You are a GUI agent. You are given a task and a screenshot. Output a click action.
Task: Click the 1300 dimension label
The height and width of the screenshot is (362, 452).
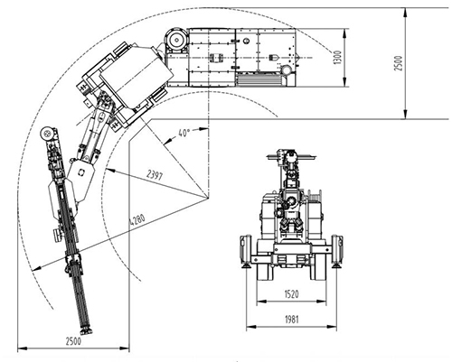coord(338,57)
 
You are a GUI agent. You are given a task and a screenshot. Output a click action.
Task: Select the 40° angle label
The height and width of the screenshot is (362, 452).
coord(184,133)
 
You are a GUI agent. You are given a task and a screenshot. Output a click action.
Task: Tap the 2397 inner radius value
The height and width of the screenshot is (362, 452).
coord(155,175)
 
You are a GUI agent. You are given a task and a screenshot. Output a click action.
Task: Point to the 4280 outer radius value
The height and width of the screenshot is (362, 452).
coord(137,219)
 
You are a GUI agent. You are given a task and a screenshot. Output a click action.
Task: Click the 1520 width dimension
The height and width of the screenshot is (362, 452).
coord(291,293)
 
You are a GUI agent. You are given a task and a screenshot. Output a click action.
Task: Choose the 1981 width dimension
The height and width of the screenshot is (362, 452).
coord(291,320)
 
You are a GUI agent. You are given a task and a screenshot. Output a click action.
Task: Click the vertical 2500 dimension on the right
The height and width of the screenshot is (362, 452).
coord(398,63)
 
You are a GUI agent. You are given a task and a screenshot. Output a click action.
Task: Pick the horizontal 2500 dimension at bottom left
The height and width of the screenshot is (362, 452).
coord(73,341)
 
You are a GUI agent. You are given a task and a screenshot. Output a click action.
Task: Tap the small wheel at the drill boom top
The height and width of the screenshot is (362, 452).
coord(47,133)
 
